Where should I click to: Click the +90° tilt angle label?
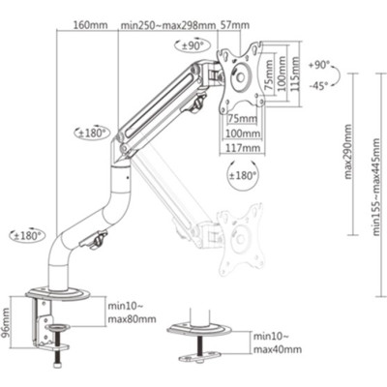coord(319,65)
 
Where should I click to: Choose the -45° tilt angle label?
coord(320,83)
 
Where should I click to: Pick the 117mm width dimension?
coord(242,148)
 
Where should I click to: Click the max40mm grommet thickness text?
coord(277,349)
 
